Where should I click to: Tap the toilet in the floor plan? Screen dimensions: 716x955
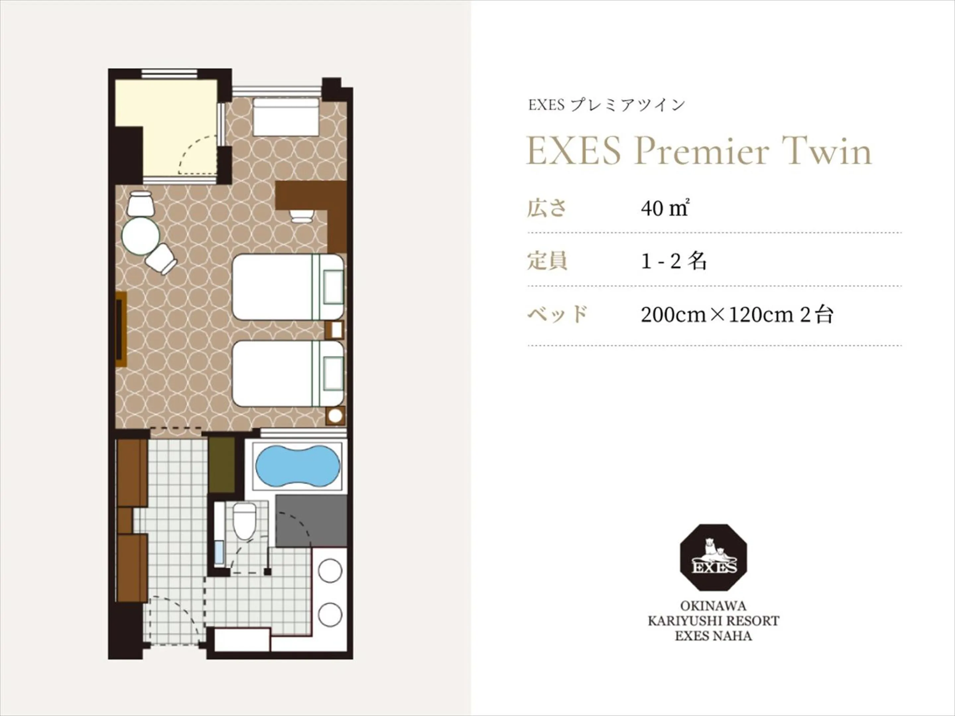(244, 522)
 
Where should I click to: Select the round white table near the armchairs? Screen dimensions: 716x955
(141, 236)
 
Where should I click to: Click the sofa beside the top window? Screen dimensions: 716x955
(286, 117)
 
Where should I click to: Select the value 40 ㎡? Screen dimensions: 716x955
(664, 209)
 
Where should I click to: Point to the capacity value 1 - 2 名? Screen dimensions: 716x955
(673, 261)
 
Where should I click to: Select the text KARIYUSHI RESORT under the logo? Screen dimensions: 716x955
(713, 621)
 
